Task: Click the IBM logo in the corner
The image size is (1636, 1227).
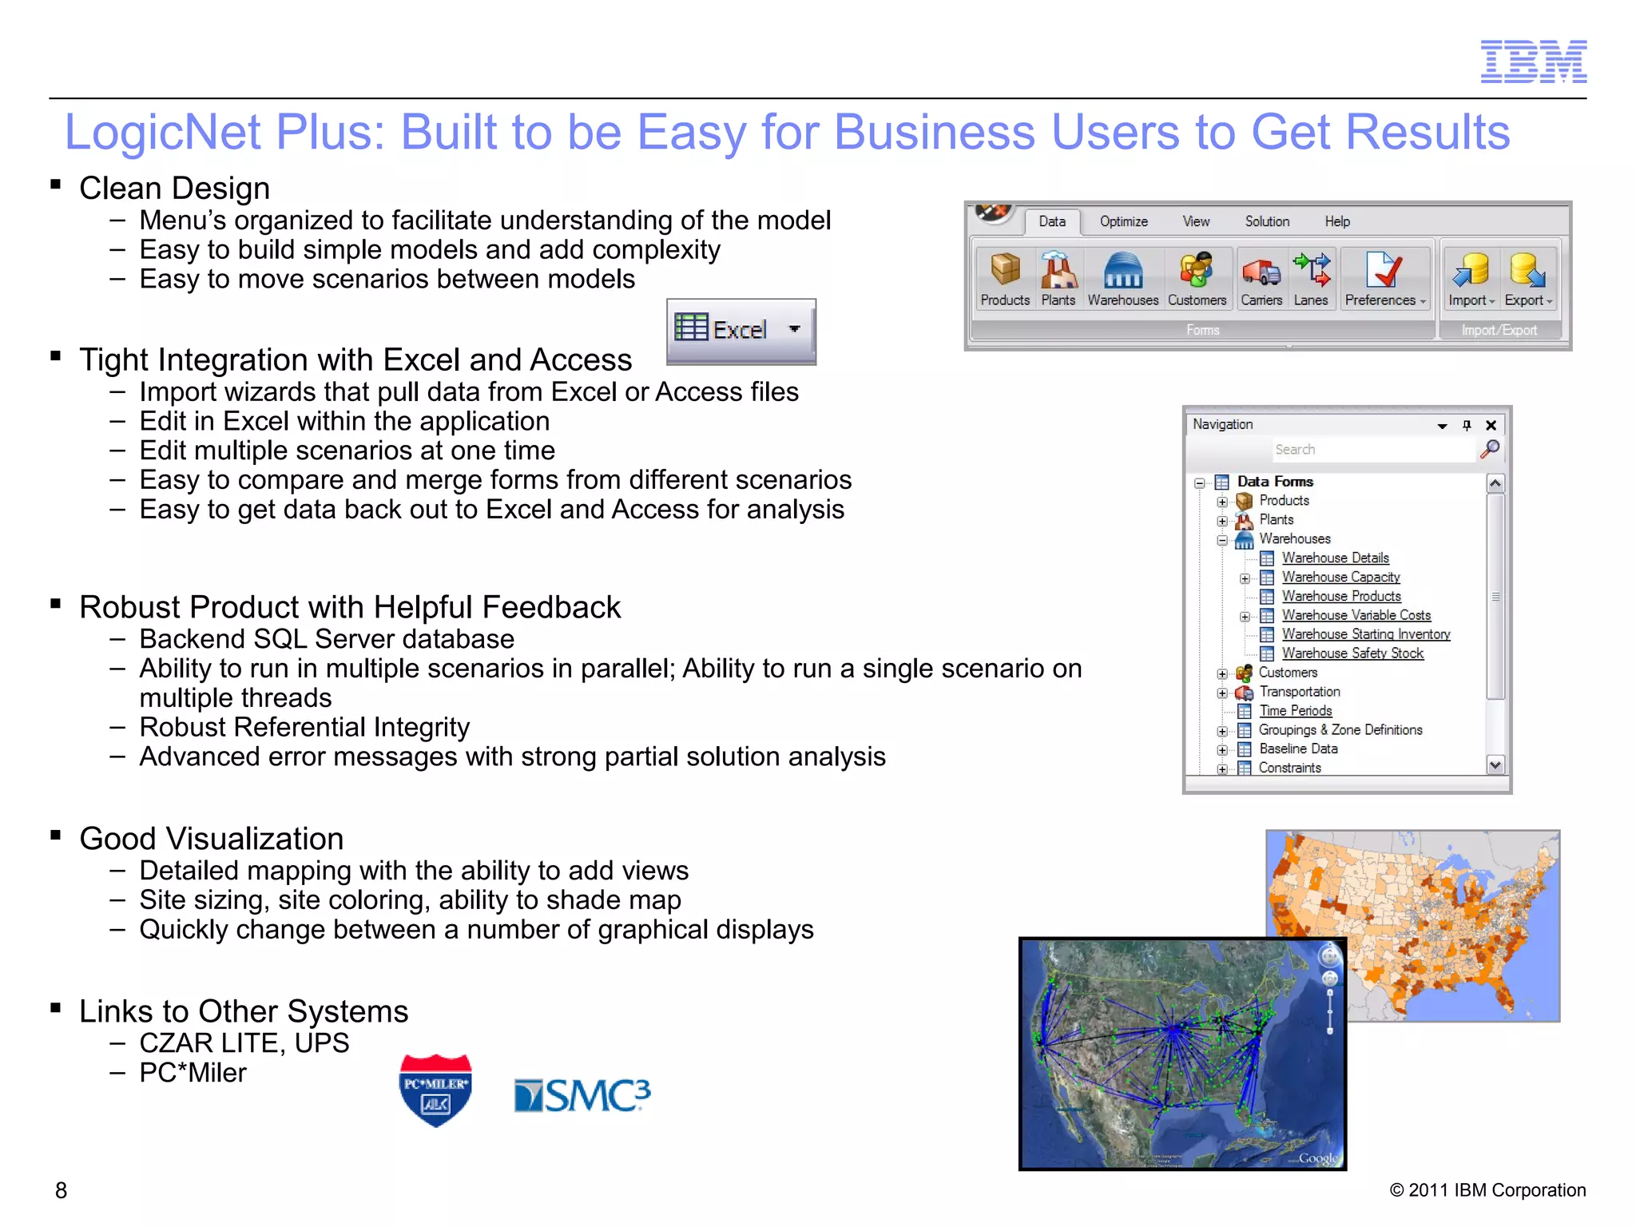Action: pos(1533,62)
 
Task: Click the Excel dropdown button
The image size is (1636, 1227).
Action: pos(741,330)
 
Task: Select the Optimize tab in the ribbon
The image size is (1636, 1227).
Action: pos(1123,221)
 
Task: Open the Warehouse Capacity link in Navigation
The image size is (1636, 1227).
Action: pos(1340,577)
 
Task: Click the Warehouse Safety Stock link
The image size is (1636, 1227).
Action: pos(1352,653)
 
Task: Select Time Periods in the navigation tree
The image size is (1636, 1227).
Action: pos(1295,711)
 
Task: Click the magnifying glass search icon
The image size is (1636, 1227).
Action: pos(1490,449)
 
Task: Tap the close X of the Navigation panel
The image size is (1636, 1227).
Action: pos(1491,425)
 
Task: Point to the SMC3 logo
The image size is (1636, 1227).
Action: pos(582,1095)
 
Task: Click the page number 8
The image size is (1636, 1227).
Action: pos(61,1190)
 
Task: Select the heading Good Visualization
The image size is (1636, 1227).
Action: pos(212,839)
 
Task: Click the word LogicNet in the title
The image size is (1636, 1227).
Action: pos(164,132)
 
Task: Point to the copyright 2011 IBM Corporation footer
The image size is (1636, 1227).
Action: pos(1487,1190)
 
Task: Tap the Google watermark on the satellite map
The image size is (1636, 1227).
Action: pos(1317,1158)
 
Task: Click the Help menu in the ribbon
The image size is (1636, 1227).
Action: pos(1337,221)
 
